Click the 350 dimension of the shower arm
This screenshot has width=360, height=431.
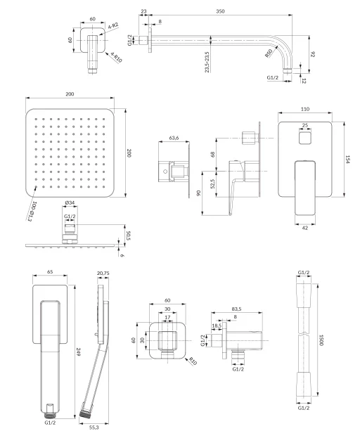click(x=220, y=11)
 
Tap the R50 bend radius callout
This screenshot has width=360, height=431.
click(x=269, y=53)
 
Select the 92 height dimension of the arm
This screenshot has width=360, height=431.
click(x=312, y=54)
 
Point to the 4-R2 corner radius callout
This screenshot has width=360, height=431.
click(x=113, y=26)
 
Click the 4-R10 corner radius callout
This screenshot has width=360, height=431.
click(x=116, y=58)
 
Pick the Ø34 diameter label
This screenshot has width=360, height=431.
click(x=70, y=203)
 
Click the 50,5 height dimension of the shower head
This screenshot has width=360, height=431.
click(x=128, y=236)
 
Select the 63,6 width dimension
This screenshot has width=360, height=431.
click(x=174, y=138)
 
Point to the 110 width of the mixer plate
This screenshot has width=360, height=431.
click(x=305, y=109)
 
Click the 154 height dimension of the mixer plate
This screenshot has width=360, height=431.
click(x=347, y=160)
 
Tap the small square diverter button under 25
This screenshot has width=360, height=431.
click(x=305, y=137)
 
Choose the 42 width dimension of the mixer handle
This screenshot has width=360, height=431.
click(x=305, y=228)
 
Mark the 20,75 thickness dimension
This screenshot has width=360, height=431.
click(x=103, y=274)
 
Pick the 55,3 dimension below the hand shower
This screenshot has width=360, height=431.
click(x=94, y=427)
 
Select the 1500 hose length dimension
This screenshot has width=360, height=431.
click(x=321, y=340)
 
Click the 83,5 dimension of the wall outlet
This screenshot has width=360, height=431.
click(x=236, y=309)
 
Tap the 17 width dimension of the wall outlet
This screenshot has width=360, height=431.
click(x=167, y=317)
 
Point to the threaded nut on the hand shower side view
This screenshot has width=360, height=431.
click(x=84, y=413)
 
